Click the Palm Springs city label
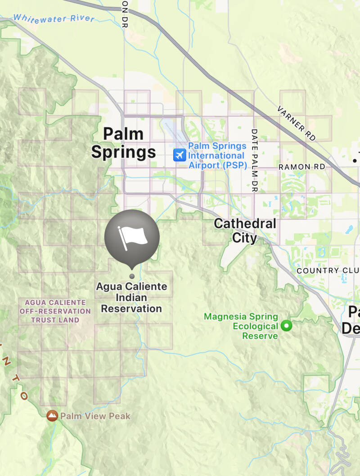[x=123, y=143]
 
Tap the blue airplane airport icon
[x=180, y=155]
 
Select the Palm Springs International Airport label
[x=218, y=156]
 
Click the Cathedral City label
[x=245, y=230]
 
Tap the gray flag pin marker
[x=132, y=238]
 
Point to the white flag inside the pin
[x=132, y=237]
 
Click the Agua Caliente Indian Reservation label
[x=131, y=297]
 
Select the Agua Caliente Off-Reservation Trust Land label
[x=55, y=311]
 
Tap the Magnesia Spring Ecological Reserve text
[x=241, y=326]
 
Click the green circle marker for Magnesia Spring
[x=286, y=325]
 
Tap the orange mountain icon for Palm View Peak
[x=52, y=415]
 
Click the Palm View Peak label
[x=95, y=416]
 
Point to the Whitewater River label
[x=54, y=18]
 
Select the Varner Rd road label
[x=297, y=123]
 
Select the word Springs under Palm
[x=123, y=152]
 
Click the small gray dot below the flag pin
[x=132, y=276]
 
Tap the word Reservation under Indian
[x=131, y=309]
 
